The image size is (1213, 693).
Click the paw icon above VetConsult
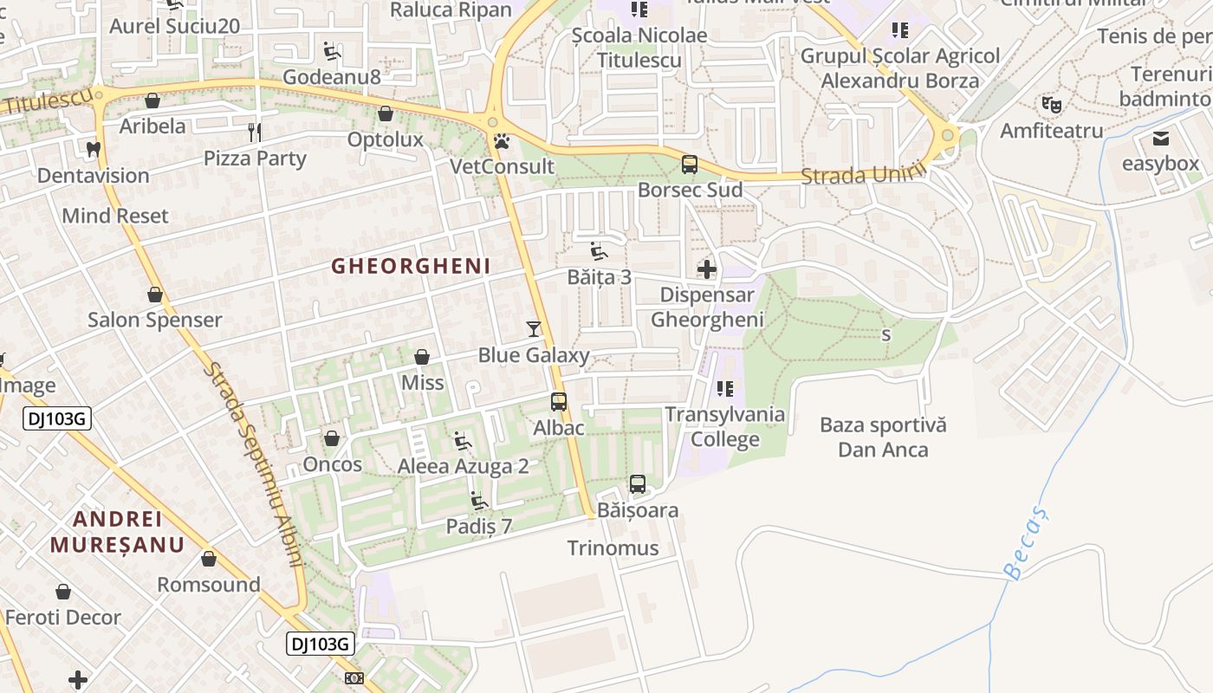pyautogui.click(x=502, y=140)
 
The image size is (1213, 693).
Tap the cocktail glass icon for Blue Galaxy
pyautogui.click(x=534, y=329)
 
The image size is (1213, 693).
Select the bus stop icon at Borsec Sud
pyautogui.click(x=690, y=164)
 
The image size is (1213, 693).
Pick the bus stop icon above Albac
pyautogui.click(x=559, y=402)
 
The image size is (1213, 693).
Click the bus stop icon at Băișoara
pyautogui.click(x=638, y=484)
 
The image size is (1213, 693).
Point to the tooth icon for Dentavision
pyautogui.click(x=94, y=149)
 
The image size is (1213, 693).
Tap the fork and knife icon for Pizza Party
pyautogui.click(x=255, y=133)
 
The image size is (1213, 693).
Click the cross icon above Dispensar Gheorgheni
pyautogui.click(x=707, y=269)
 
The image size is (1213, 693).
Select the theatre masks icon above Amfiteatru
pyautogui.click(x=1052, y=106)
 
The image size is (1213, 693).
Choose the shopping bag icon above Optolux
pyautogui.click(x=386, y=113)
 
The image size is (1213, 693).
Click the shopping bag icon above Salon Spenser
pyautogui.click(x=155, y=295)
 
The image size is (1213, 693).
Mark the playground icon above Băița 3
pyautogui.click(x=599, y=251)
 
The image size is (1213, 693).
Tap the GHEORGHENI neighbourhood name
pyautogui.click(x=411, y=267)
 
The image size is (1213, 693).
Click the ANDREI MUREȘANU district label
pyautogui.click(x=117, y=532)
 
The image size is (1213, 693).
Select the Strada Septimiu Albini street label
pyautogui.click(x=255, y=464)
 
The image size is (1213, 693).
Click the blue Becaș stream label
pyautogui.click(x=1027, y=543)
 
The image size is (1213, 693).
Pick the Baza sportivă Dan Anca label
pyautogui.click(x=883, y=437)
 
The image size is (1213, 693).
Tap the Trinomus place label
pyautogui.click(x=613, y=548)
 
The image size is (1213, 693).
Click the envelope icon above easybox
pyautogui.click(x=1161, y=139)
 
